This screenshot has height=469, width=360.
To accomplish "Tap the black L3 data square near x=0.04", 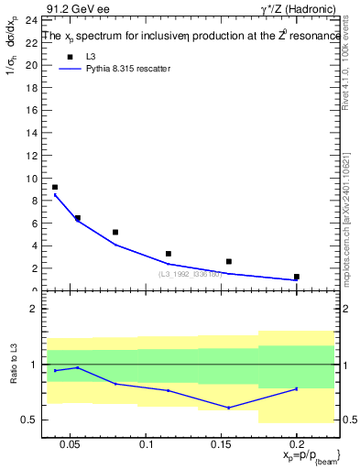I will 55,187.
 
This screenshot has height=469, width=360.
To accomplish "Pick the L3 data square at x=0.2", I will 297,276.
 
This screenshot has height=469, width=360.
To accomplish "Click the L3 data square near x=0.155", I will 229,261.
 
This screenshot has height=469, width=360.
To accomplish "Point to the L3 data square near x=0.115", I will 169,254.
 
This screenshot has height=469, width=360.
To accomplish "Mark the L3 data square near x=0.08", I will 115,232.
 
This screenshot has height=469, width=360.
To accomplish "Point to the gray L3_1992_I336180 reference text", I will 190,273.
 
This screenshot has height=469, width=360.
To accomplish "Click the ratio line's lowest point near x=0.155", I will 229,408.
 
